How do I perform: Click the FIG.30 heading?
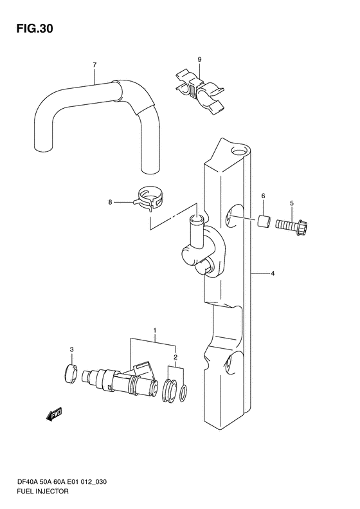35,29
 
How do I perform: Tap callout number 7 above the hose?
94,65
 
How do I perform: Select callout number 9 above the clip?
199,59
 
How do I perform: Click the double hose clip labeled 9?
199,91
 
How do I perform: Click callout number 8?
111,202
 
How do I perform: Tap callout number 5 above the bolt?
292,203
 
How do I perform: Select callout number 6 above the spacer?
263,196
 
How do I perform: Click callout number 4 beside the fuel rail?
273,273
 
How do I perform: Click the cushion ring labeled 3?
71,374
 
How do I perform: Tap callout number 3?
71,349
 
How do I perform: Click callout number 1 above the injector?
155,331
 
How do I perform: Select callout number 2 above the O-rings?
175,357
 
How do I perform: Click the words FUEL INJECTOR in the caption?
42,491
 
